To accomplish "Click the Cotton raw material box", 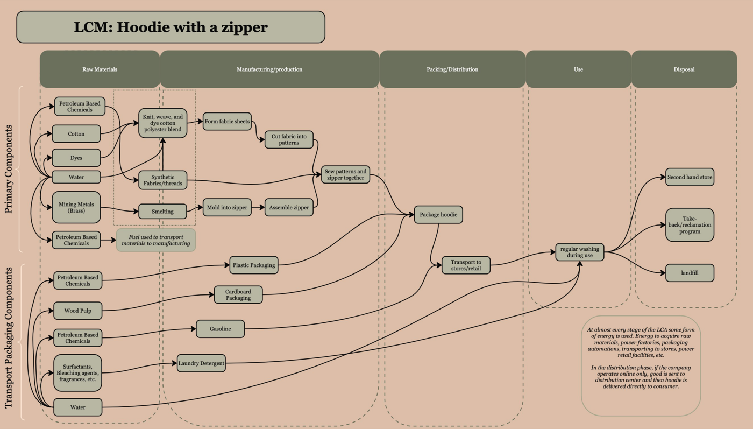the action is click(x=76, y=133).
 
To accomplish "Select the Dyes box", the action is click(x=76, y=158).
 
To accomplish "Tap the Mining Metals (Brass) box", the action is click(x=76, y=207).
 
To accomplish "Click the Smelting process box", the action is click(x=162, y=212).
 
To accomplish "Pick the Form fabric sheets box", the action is click(x=227, y=122).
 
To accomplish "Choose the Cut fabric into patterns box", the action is click(x=289, y=139).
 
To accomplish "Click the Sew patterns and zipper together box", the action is click(x=345, y=174).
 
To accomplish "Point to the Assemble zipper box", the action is click(x=289, y=207).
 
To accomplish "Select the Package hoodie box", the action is click(x=438, y=215).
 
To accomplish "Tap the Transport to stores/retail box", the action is click(x=466, y=265).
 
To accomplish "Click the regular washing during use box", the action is click(x=580, y=252).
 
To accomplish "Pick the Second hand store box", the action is click(x=690, y=177).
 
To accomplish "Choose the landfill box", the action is click(x=690, y=273).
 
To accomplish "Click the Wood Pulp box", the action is click(x=77, y=311).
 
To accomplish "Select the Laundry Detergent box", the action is click(x=201, y=363).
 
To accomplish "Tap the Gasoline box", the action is click(x=220, y=329).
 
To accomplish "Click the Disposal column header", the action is click(x=684, y=69).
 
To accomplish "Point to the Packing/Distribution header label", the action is click(x=452, y=69).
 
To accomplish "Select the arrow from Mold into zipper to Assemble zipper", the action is click(x=258, y=207).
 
